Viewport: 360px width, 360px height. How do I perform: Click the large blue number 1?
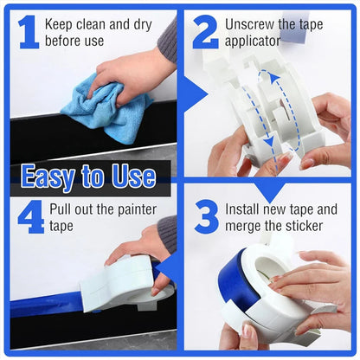tap(28, 32)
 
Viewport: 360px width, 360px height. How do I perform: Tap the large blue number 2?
tap(205, 32)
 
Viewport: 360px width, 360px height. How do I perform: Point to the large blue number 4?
tap(30, 216)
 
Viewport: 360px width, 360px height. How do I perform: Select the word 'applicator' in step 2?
tap(253, 41)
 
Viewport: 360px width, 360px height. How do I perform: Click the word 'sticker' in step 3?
tap(305, 225)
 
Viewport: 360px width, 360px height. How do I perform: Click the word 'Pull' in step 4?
tap(60, 209)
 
